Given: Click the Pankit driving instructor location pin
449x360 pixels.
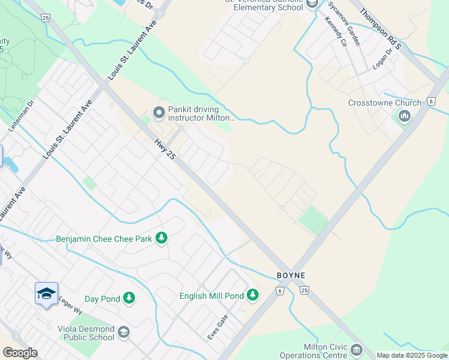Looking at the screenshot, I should click(159, 112).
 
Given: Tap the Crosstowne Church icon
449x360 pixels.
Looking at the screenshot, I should click(405, 116).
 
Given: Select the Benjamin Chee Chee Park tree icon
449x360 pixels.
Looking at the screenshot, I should click(161, 238).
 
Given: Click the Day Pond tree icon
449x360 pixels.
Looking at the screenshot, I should click(128, 298).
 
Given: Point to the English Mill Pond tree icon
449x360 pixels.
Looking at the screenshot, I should click(253, 295).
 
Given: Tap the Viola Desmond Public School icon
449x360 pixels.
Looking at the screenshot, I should click(123, 332).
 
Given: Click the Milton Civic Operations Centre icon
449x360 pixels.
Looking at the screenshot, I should click(357, 349).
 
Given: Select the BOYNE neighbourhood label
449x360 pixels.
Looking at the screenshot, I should click(291, 275).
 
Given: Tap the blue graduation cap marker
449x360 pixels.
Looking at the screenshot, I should click(46, 294).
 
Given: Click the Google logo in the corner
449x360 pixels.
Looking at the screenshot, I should click(20, 352).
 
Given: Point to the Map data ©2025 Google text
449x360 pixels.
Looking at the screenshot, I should click(412, 355).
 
